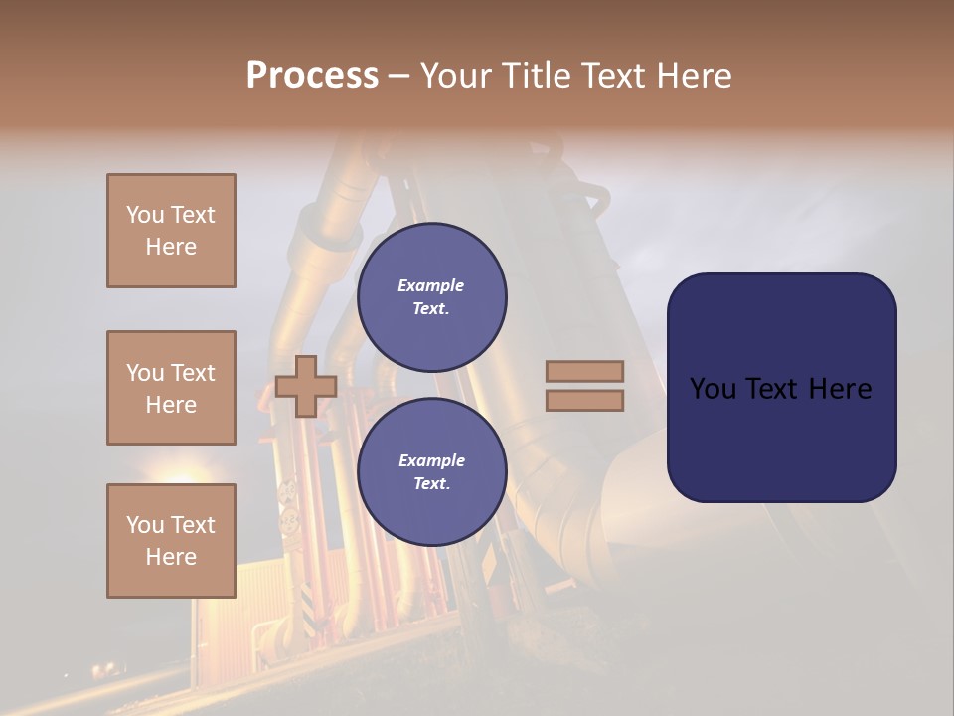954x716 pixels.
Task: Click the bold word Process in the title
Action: click(x=312, y=75)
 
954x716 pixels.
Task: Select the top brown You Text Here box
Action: click(x=171, y=231)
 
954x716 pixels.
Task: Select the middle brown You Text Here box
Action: click(x=171, y=388)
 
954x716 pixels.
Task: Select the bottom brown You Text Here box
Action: click(x=171, y=541)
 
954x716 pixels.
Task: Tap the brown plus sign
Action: click(x=305, y=387)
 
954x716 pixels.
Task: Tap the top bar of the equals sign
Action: click(x=584, y=372)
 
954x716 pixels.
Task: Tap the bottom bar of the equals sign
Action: click(x=584, y=401)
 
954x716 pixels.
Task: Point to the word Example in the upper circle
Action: click(x=431, y=285)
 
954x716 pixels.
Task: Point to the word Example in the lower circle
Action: click(x=431, y=460)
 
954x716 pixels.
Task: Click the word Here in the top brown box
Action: click(x=171, y=247)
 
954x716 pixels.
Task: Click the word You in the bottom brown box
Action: click(x=145, y=525)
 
